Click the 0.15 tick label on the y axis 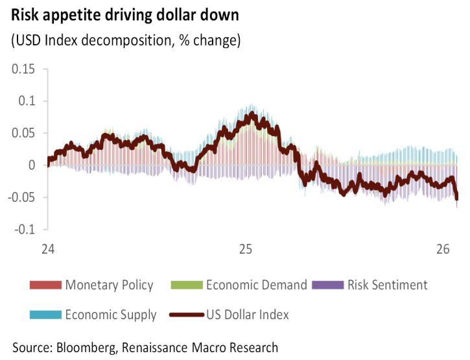[x=24, y=69]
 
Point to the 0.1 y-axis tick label [x=28, y=101]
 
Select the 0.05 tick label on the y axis [x=24, y=133]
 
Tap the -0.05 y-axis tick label [x=22, y=197]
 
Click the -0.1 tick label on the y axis [x=25, y=229]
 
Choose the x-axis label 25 [x=245, y=249]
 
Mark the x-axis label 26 [x=443, y=249]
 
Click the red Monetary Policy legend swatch [x=45, y=285]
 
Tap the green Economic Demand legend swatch [x=186, y=285]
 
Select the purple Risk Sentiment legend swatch [x=328, y=285]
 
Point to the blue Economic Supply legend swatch [x=45, y=315]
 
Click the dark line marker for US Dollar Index [x=186, y=315]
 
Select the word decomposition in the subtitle [x=128, y=41]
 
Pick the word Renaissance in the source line [x=164, y=348]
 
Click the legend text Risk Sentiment [x=387, y=285]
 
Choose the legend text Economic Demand [x=257, y=285]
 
